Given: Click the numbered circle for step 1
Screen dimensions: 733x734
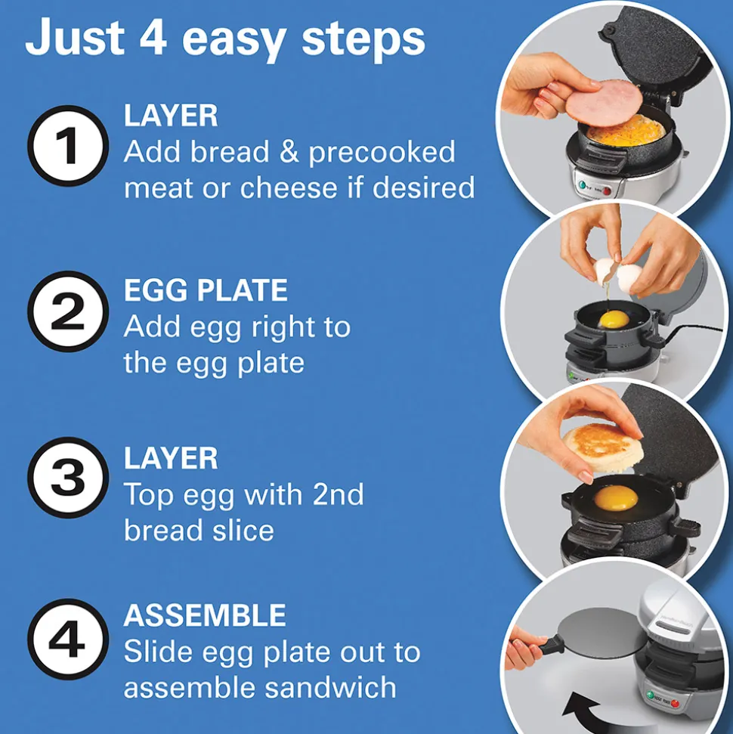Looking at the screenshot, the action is tap(68, 146).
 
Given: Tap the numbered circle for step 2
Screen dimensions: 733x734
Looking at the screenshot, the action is tap(68, 311).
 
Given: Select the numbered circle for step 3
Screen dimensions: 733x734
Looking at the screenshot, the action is tap(68, 478).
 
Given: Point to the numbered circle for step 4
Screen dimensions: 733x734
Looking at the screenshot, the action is tap(68, 639).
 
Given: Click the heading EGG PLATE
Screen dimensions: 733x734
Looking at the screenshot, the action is tap(206, 290).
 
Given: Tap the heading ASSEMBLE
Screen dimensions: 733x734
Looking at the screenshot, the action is tap(205, 615).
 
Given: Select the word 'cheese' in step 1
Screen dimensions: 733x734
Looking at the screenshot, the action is tap(289, 187).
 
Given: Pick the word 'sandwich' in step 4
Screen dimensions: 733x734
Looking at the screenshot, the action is tap(330, 687).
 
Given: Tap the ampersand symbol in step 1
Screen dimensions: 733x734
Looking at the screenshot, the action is tap(289, 152).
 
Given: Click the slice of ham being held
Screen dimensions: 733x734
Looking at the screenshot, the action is tap(604, 103).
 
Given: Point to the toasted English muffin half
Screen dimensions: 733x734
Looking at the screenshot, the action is tap(602, 448).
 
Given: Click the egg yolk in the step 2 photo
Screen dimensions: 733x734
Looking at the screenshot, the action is tap(614, 321).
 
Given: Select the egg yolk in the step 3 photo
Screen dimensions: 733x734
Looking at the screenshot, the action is tap(616, 499).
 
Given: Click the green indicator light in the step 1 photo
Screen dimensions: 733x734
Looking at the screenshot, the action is tap(583, 185).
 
